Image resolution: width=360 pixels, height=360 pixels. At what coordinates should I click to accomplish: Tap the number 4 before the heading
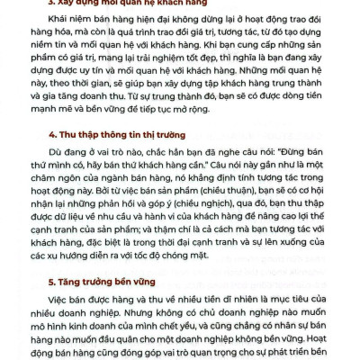[x=50, y=145]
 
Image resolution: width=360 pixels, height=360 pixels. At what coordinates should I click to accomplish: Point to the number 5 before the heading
[x=50, y=282]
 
